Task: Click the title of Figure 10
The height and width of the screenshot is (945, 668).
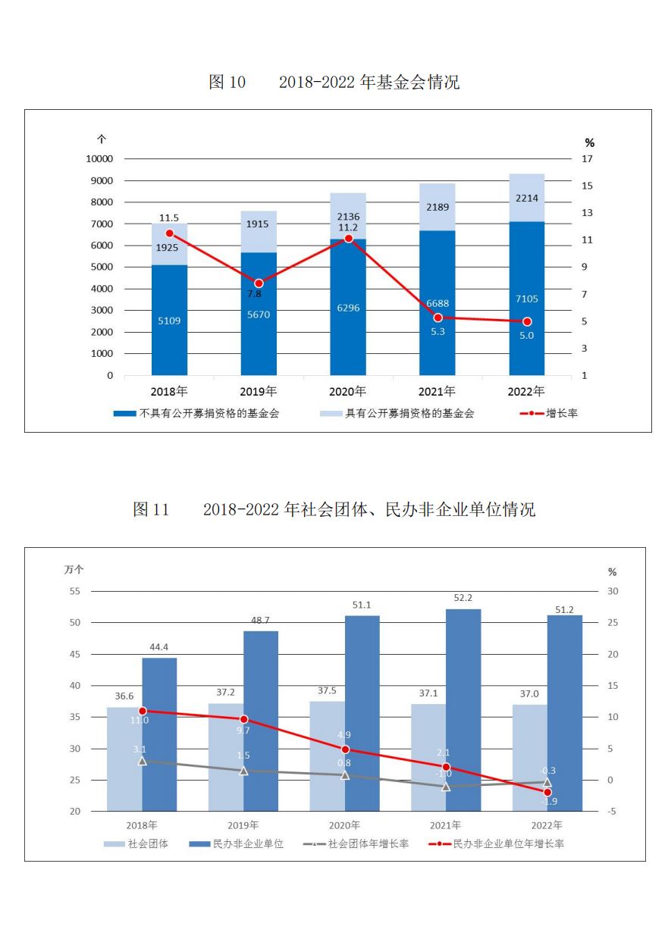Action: tap(334, 82)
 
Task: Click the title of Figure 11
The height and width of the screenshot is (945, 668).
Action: tap(334, 509)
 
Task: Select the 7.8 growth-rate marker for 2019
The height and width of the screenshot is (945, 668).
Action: tap(259, 283)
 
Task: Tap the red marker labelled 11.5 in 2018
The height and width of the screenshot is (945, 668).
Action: tap(169, 233)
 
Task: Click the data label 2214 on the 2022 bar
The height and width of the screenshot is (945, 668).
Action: tap(526, 199)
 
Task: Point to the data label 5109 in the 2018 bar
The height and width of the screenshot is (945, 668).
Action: tap(169, 321)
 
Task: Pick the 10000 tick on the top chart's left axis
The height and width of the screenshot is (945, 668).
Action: tap(99, 158)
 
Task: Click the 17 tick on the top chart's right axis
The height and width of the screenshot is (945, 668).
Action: tap(587, 158)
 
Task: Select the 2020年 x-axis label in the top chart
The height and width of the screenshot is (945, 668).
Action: tap(347, 392)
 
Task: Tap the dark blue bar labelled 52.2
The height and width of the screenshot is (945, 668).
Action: tap(463, 709)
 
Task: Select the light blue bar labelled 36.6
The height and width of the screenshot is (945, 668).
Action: tap(124, 759)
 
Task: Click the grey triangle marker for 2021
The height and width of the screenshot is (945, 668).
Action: tap(446, 787)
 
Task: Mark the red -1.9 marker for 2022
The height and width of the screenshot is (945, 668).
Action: tap(547, 792)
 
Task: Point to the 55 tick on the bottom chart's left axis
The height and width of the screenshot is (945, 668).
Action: tap(74, 591)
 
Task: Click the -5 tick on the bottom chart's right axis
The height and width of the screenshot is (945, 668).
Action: tap(613, 812)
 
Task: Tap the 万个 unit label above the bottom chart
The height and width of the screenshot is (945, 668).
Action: tap(74, 570)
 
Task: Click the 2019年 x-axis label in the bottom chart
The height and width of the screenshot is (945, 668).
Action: tap(243, 825)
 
